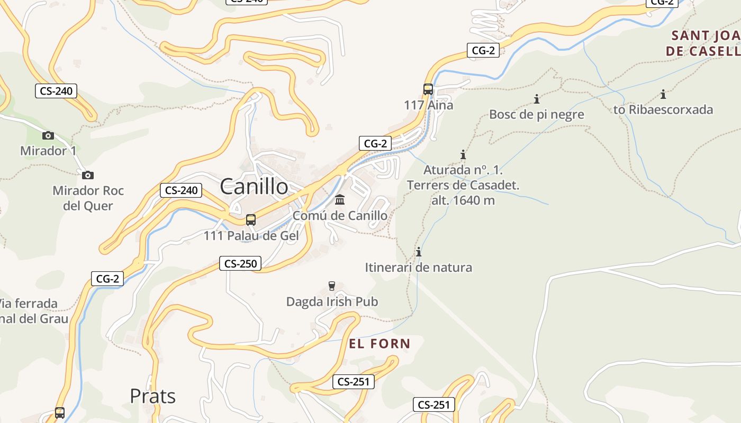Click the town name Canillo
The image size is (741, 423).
click(x=254, y=186)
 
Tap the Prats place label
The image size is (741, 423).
click(x=152, y=396)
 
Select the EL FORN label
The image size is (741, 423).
click(x=379, y=344)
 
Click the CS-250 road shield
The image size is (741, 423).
click(x=240, y=263)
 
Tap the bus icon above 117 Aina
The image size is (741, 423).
click(x=428, y=89)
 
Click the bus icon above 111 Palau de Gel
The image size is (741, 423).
click(x=251, y=219)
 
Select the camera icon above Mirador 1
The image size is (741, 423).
click(x=48, y=135)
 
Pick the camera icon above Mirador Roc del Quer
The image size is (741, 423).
click(x=88, y=175)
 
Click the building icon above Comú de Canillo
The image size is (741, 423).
click(x=340, y=200)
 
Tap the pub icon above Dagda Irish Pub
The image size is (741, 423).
click(x=332, y=286)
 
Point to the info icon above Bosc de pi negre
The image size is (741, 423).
click(x=537, y=99)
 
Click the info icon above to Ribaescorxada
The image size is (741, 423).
click(x=663, y=95)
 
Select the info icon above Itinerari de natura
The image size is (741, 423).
click(x=419, y=252)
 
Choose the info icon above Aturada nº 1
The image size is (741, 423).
click(x=463, y=154)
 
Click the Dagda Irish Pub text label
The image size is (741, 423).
click(x=332, y=301)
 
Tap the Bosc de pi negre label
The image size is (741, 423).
click(x=537, y=114)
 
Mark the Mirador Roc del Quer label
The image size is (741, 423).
click(x=88, y=198)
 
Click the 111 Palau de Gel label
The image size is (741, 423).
click(x=251, y=236)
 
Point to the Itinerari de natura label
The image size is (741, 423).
click(x=418, y=268)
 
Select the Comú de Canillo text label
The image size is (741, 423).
click(x=340, y=216)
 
